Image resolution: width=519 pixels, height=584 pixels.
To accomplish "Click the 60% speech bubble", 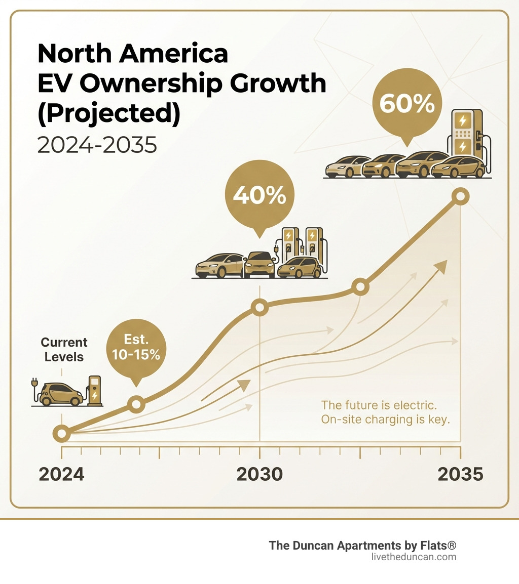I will pos(406,105).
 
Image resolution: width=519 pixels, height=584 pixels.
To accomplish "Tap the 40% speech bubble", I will pos(259,196).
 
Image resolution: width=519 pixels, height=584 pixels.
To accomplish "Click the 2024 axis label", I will pos(61,474).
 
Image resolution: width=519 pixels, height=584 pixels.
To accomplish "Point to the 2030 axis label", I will pos(259,474).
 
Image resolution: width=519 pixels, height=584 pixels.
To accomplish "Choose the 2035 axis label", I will pos(460,474).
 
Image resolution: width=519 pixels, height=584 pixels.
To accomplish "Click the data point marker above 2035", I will pos(460,196).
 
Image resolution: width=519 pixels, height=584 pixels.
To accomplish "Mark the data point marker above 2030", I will pos(259,307).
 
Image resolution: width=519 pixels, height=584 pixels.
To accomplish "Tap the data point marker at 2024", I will pos(61,433).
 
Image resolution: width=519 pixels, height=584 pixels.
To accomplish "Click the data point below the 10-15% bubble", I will pos(135,403).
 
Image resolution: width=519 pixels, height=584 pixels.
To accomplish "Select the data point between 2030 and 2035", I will pos(359,287).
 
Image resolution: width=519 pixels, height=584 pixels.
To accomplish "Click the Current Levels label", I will pos(64,349).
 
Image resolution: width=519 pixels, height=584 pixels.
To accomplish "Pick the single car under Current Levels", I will pos(60,394).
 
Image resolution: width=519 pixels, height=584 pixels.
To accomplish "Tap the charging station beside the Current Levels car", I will pos(94,390).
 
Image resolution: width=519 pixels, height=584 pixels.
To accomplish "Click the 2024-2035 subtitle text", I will pos(97,145).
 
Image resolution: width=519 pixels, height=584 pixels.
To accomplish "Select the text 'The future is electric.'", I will pos(379,405).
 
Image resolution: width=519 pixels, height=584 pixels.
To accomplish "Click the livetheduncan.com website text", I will pos(414,557).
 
